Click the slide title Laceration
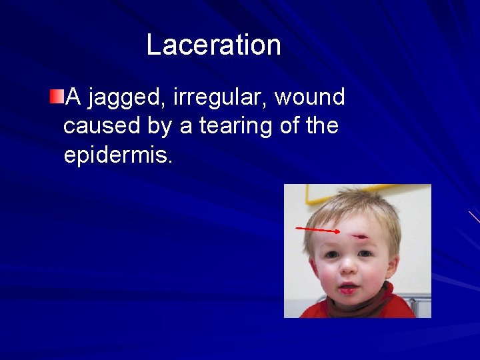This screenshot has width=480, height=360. tap(213, 45)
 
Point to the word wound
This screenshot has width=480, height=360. tap(310, 97)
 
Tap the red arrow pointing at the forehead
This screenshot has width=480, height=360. tap(317, 230)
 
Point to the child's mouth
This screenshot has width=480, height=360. tap(349, 288)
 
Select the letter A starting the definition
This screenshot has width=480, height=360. tap(74, 97)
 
